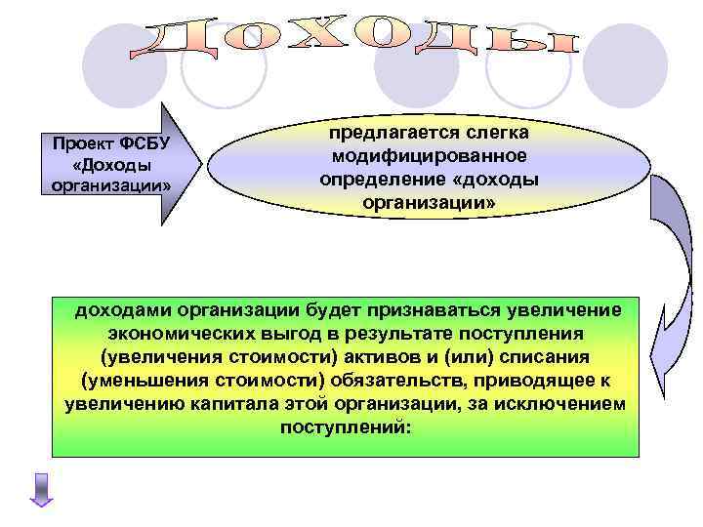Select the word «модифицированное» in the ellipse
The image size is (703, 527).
point(428,156)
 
